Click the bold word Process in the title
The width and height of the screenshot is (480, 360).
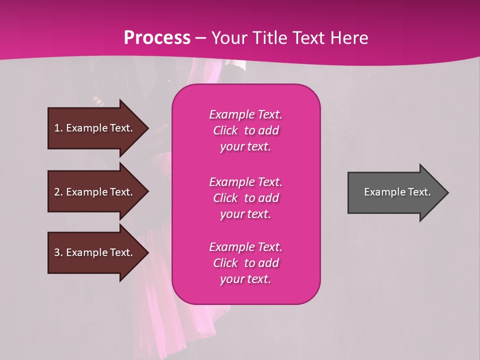click(157, 38)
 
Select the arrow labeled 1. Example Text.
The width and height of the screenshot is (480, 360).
click(95, 128)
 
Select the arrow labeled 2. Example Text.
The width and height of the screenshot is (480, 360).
click(95, 192)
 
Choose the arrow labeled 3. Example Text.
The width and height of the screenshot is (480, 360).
click(95, 252)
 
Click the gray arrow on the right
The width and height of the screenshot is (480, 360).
click(395, 192)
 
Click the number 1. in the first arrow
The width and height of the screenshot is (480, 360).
click(58, 128)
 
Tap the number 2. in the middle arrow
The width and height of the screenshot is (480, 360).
click(58, 192)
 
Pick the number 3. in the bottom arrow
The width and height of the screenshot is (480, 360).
click(58, 252)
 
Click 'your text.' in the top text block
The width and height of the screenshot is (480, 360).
click(245, 147)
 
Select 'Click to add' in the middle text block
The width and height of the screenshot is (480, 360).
click(245, 198)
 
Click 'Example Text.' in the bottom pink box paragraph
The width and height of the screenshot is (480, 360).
click(245, 247)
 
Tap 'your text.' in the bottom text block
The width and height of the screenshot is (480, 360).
click(245, 279)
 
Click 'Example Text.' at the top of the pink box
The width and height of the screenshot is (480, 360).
click(245, 114)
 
